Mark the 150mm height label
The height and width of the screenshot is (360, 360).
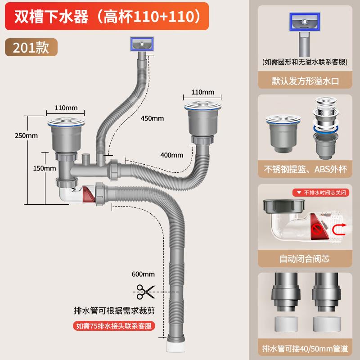(x=44, y=168)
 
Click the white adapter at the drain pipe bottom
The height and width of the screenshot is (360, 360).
(x=175, y=346)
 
